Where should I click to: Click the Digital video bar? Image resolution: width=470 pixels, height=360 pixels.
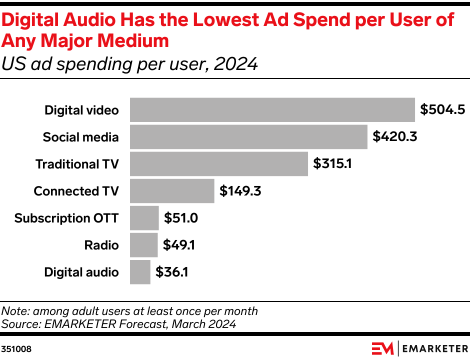[272, 110]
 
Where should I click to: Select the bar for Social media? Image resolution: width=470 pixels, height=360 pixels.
[248, 137]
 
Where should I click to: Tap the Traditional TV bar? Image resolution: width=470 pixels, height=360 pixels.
[219, 164]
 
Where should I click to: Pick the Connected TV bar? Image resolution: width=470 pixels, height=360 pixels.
[172, 191]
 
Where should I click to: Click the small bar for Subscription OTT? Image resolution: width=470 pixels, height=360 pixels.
[144, 218]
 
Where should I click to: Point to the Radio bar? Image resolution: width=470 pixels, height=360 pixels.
[144, 245]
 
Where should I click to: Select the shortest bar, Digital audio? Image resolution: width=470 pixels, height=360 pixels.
[140, 272]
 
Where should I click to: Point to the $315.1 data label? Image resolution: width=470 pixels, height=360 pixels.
[332, 164]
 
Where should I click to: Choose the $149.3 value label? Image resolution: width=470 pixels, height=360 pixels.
[240, 191]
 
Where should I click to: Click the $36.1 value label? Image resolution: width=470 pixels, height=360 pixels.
[172, 272]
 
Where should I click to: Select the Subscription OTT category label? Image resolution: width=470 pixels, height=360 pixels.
[66, 218]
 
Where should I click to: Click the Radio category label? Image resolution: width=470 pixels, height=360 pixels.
[101, 245]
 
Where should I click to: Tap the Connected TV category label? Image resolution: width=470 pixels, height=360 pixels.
[76, 191]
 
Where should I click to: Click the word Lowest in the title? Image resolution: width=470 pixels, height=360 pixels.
[221, 19]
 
